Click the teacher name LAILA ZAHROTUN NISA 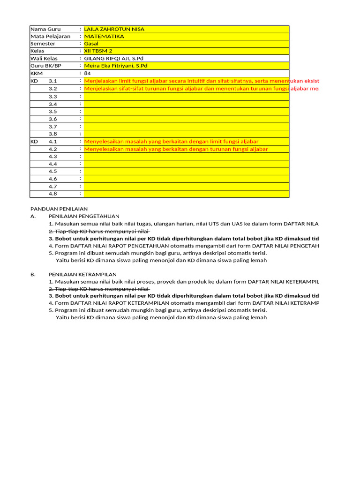[114, 29]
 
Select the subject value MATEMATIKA [104, 36]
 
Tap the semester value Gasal [91, 44]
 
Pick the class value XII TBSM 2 [98, 51]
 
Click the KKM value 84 [88, 74]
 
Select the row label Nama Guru [45, 29]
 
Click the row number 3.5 [52, 112]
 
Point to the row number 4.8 [52, 194]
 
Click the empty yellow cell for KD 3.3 [186, 97]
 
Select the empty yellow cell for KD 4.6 [186, 179]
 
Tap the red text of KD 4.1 [171, 142]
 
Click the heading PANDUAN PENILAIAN [59, 209]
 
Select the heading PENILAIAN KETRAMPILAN [82, 274]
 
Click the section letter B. [33, 274]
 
